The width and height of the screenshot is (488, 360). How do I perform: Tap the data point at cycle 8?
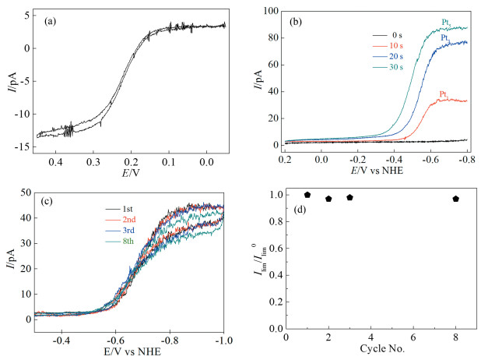[456, 199]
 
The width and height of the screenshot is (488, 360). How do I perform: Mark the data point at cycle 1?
[307, 194]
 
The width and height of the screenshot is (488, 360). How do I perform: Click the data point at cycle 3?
[349, 197]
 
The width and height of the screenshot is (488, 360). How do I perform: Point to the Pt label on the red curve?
[444, 94]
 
